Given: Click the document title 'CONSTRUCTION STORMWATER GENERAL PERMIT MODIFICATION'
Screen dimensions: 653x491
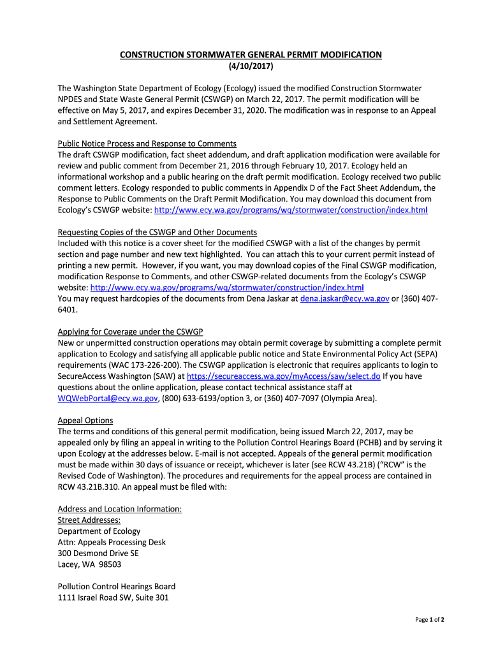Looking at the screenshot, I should (x=251, y=55).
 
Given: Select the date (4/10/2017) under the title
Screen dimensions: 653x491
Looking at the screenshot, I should (x=251, y=66).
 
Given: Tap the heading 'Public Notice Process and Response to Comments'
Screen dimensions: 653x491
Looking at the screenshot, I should (x=147, y=143).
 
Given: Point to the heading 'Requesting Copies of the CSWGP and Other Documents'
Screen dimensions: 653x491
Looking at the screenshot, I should (x=158, y=232).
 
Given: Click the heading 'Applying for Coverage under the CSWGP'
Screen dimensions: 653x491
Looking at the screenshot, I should (x=130, y=332).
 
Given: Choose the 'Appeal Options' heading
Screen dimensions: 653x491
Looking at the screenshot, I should (x=85, y=420).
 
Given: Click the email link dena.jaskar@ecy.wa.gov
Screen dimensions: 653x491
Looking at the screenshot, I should (x=344, y=298).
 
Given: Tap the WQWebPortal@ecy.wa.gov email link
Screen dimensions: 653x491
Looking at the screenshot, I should (x=108, y=399).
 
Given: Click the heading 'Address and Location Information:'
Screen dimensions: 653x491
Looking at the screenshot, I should (x=120, y=509).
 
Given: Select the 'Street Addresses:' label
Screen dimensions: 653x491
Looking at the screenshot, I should (x=89, y=520).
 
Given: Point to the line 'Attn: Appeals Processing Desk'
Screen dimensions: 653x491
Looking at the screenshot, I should (x=112, y=542).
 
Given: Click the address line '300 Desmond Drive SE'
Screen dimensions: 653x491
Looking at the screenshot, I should (x=98, y=553).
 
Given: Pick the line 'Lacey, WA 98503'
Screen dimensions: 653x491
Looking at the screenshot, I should (x=90, y=564).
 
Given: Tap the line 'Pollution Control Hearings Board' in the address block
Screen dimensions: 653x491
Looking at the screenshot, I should (x=117, y=587).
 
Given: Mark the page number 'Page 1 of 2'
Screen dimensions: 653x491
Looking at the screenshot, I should (x=430, y=620).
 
